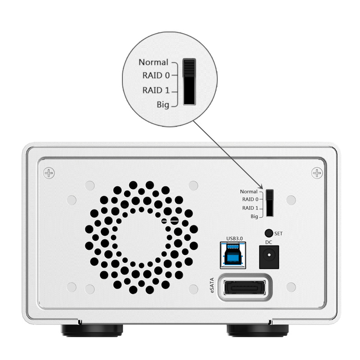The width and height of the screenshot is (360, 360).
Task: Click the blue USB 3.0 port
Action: [233, 255]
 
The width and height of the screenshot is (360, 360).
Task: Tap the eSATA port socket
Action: [245, 287]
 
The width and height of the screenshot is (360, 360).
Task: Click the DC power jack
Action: [269, 257]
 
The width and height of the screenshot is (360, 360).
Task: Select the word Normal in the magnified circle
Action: [153, 62]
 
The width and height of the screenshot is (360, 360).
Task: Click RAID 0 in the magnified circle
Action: [156, 75]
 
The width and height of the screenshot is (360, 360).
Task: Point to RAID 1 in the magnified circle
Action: [156, 90]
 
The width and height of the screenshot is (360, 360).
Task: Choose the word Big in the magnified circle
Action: [163, 105]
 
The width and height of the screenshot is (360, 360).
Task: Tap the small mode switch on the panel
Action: [270, 203]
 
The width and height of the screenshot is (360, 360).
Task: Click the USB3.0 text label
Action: [234, 238]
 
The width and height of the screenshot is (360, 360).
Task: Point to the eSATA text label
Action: [212, 285]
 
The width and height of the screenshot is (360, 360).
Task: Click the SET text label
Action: [278, 234]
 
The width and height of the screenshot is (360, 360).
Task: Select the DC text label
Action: [269, 242]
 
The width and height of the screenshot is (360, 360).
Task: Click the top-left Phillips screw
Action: [49, 173]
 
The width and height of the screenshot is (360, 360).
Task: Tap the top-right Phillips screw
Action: [317, 173]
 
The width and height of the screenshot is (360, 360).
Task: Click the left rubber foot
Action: [92, 330]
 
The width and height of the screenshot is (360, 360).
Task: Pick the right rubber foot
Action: [257, 330]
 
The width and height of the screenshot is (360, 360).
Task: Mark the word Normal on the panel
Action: [249, 192]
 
